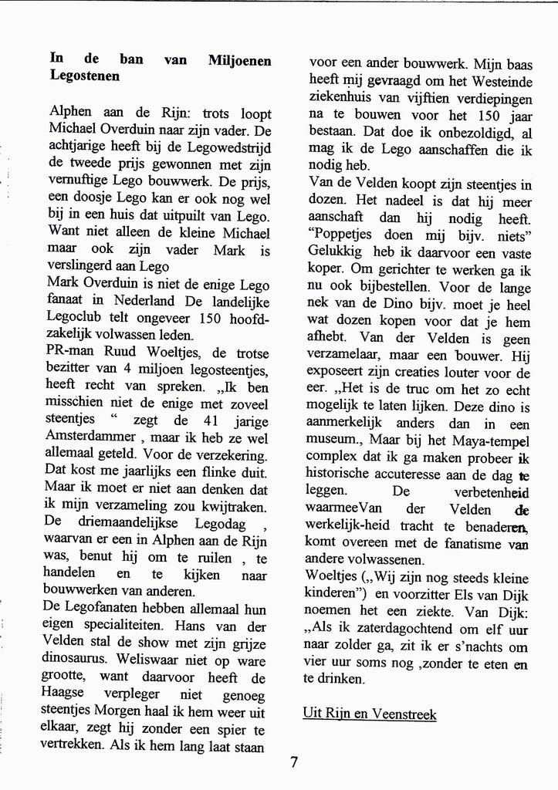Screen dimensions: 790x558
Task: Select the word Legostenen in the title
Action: pos(84,76)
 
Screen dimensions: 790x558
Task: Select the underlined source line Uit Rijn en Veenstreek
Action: pos(369,714)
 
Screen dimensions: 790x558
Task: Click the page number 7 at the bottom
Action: pos(294,762)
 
